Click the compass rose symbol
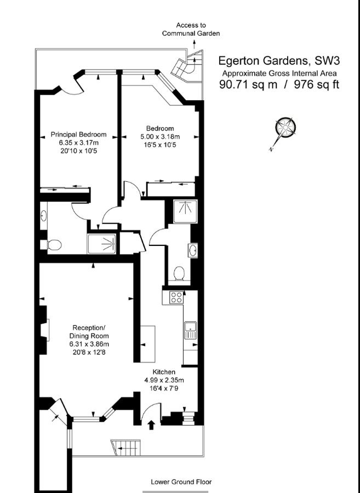point(285,127)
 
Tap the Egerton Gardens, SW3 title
point(279,60)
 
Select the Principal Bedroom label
point(78,135)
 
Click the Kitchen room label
point(164,372)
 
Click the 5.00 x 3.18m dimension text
point(160,137)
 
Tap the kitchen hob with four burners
point(176,297)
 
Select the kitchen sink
point(191,330)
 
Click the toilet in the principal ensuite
point(54,245)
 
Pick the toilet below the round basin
point(179,273)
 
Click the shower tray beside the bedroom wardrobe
point(185,211)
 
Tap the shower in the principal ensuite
point(102,244)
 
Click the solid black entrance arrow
point(152,425)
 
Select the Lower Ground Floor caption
point(181,481)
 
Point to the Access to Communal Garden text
point(191,29)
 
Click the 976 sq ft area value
point(317,84)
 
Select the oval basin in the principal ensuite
point(44,216)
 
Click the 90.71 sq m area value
point(248,84)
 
